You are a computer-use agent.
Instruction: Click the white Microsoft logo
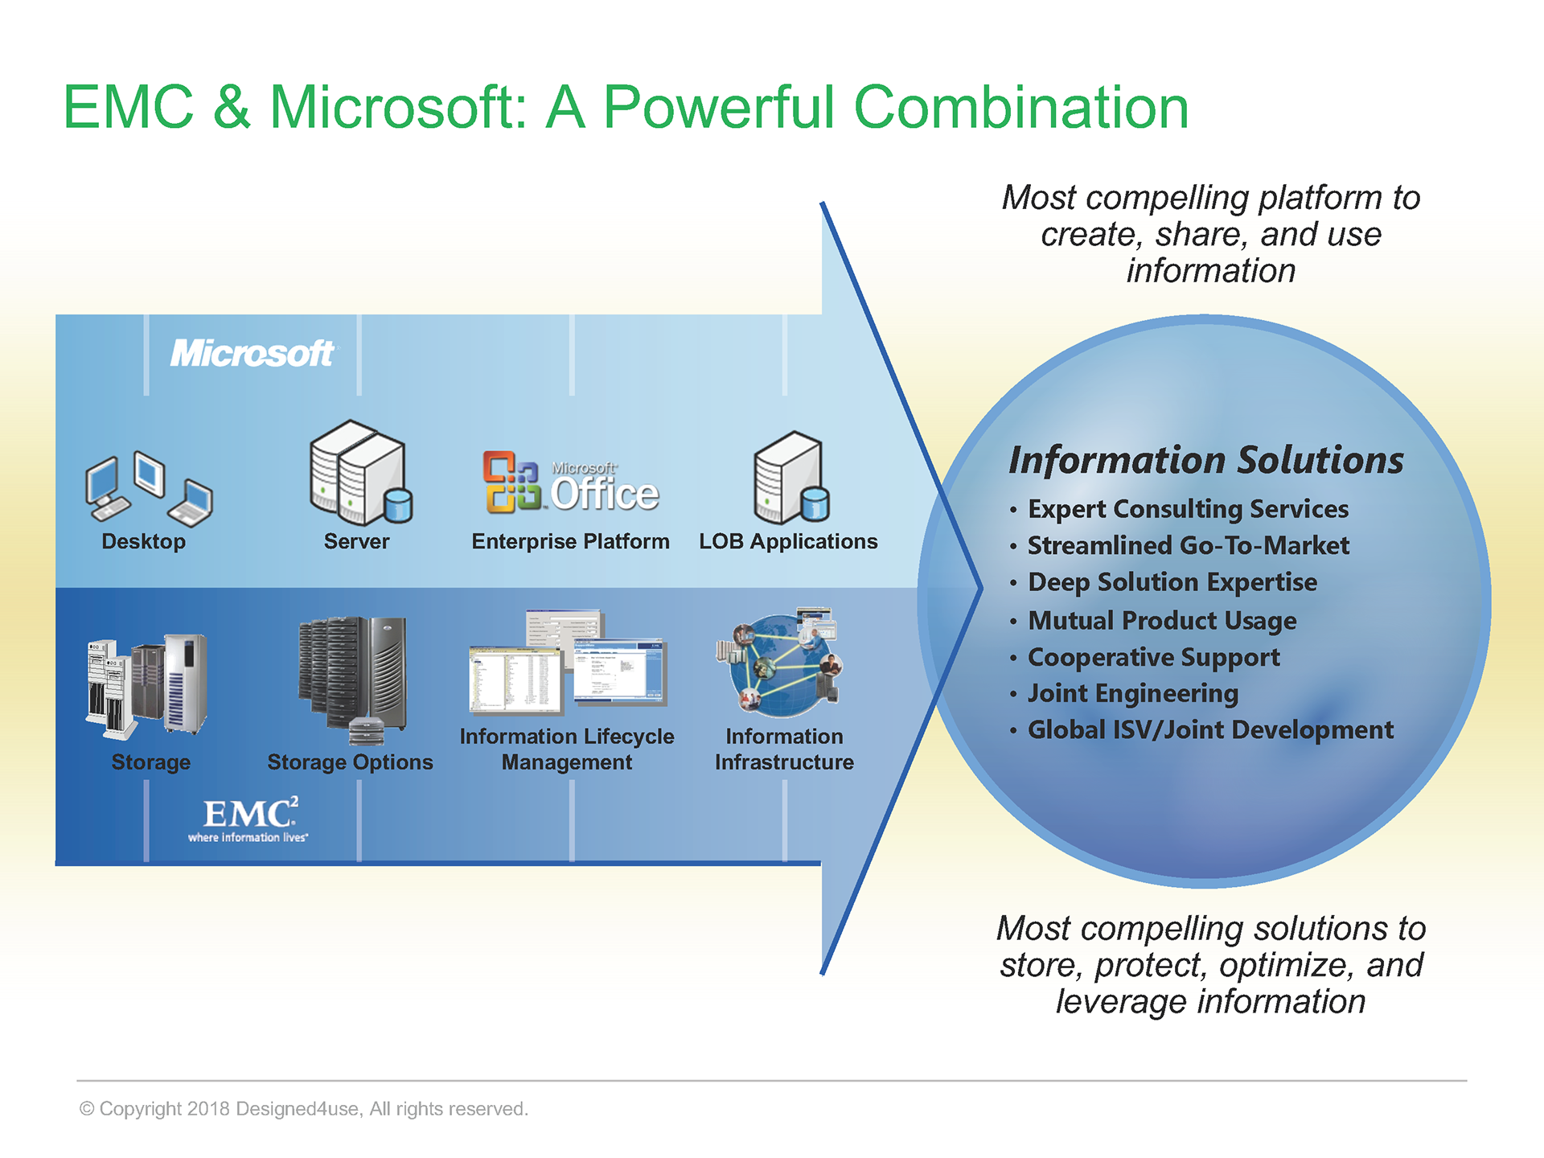click(253, 354)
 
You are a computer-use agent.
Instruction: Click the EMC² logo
click(249, 819)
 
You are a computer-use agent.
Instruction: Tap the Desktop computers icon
click(148, 486)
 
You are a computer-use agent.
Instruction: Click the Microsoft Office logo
click(570, 483)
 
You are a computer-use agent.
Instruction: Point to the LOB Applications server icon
click(790, 476)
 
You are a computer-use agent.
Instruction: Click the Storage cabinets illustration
click(147, 685)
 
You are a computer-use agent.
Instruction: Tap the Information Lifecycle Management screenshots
click(568, 663)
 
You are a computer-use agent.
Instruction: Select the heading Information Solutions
click(1205, 461)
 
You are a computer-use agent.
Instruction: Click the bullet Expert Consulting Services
click(1187, 509)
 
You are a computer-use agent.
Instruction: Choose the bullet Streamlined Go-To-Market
click(1188, 546)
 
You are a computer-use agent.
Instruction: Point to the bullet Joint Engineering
click(1132, 693)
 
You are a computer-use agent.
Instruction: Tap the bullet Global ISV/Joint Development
click(1209, 730)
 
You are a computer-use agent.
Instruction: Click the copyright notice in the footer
click(304, 1109)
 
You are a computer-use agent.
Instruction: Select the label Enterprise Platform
click(570, 542)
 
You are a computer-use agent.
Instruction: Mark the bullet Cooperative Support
click(1153, 657)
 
